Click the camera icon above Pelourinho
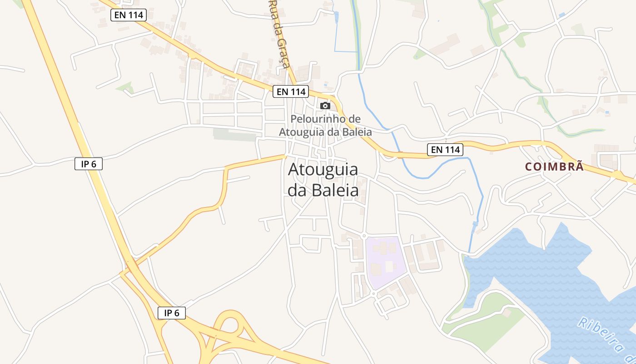click(325, 106)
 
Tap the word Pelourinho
click(319, 119)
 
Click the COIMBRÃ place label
click(554, 167)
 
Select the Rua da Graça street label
click(280, 34)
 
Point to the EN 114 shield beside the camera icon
click(291, 91)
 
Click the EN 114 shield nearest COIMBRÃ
click(445, 149)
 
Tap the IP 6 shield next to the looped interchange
click(172, 313)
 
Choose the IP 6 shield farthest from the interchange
click(89, 164)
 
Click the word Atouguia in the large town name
click(323, 170)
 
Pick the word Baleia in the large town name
click(335, 191)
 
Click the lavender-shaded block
click(386, 262)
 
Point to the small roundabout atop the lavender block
click(364, 236)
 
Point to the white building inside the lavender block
click(389, 266)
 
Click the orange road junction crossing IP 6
click(130, 266)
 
